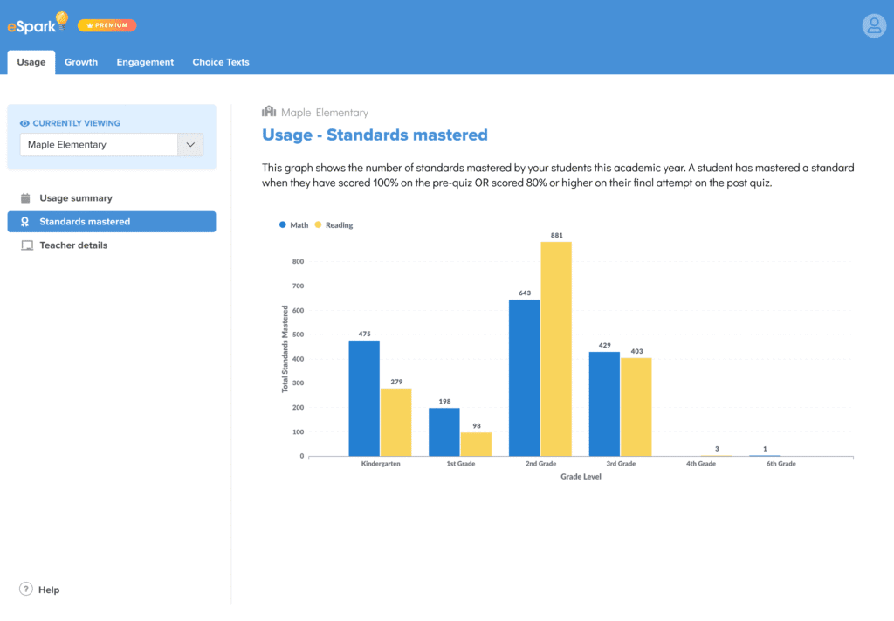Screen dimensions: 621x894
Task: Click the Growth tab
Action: click(x=81, y=62)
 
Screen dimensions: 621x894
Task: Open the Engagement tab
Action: click(x=145, y=62)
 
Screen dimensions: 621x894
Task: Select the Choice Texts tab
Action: click(x=221, y=62)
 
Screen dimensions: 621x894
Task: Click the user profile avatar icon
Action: click(x=874, y=25)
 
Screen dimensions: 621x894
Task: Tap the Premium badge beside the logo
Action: click(x=107, y=25)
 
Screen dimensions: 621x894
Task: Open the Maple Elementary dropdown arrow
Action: click(x=190, y=145)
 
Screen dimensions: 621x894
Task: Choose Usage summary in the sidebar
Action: click(x=75, y=198)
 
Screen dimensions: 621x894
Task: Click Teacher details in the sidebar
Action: click(x=73, y=245)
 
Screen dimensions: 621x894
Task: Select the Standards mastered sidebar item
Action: click(x=85, y=222)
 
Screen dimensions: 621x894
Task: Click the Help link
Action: click(x=49, y=590)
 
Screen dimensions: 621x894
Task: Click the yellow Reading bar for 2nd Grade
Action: click(x=556, y=348)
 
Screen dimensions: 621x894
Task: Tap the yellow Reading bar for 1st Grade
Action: click(x=476, y=444)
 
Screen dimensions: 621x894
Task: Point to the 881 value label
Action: click(x=556, y=235)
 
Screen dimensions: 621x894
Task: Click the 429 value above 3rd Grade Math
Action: click(x=604, y=346)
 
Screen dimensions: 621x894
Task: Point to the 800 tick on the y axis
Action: click(x=298, y=261)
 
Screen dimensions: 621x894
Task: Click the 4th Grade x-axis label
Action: click(x=700, y=464)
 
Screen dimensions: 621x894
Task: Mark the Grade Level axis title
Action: click(x=581, y=477)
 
